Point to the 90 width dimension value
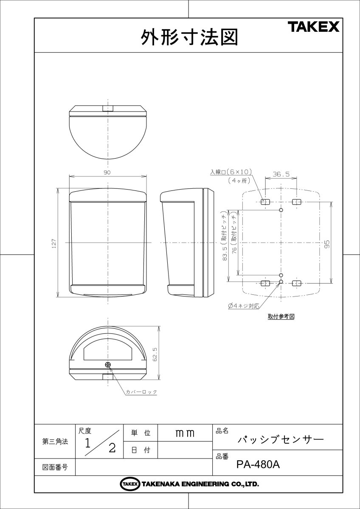click(107, 173)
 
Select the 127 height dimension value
click(54, 243)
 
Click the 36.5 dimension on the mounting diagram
click(281, 174)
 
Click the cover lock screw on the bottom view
click(108, 364)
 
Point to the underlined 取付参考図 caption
click(281, 316)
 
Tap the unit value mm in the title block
click(185, 433)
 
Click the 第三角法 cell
click(55, 442)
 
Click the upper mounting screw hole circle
click(281, 210)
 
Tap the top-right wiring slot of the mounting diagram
click(296, 201)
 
